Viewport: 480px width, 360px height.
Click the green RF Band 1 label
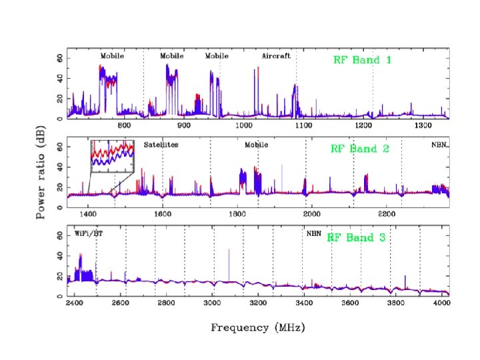click(x=362, y=60)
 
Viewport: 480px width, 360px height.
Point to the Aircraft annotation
click(x=276, y=57)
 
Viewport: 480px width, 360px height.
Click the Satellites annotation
click(x=161, y=145)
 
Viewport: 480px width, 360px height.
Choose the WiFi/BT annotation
click(x=89, y=234)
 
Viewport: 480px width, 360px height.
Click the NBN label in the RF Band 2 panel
click(x=439, y=145)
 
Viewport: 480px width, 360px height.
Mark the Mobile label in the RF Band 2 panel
click(x=256, y=145)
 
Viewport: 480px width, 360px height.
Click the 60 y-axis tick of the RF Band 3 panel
click(x=60, y=235)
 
